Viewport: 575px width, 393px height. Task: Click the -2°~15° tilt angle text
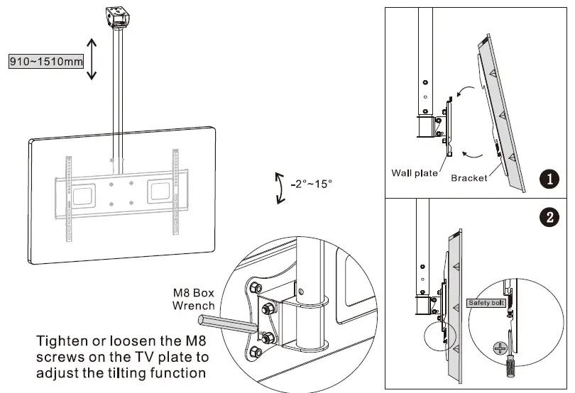coord(311,184)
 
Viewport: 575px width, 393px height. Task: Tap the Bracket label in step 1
coord(469,178)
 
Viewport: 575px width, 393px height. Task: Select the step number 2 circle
coord(548,218)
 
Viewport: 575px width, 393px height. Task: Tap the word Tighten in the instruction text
coord(62,340)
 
